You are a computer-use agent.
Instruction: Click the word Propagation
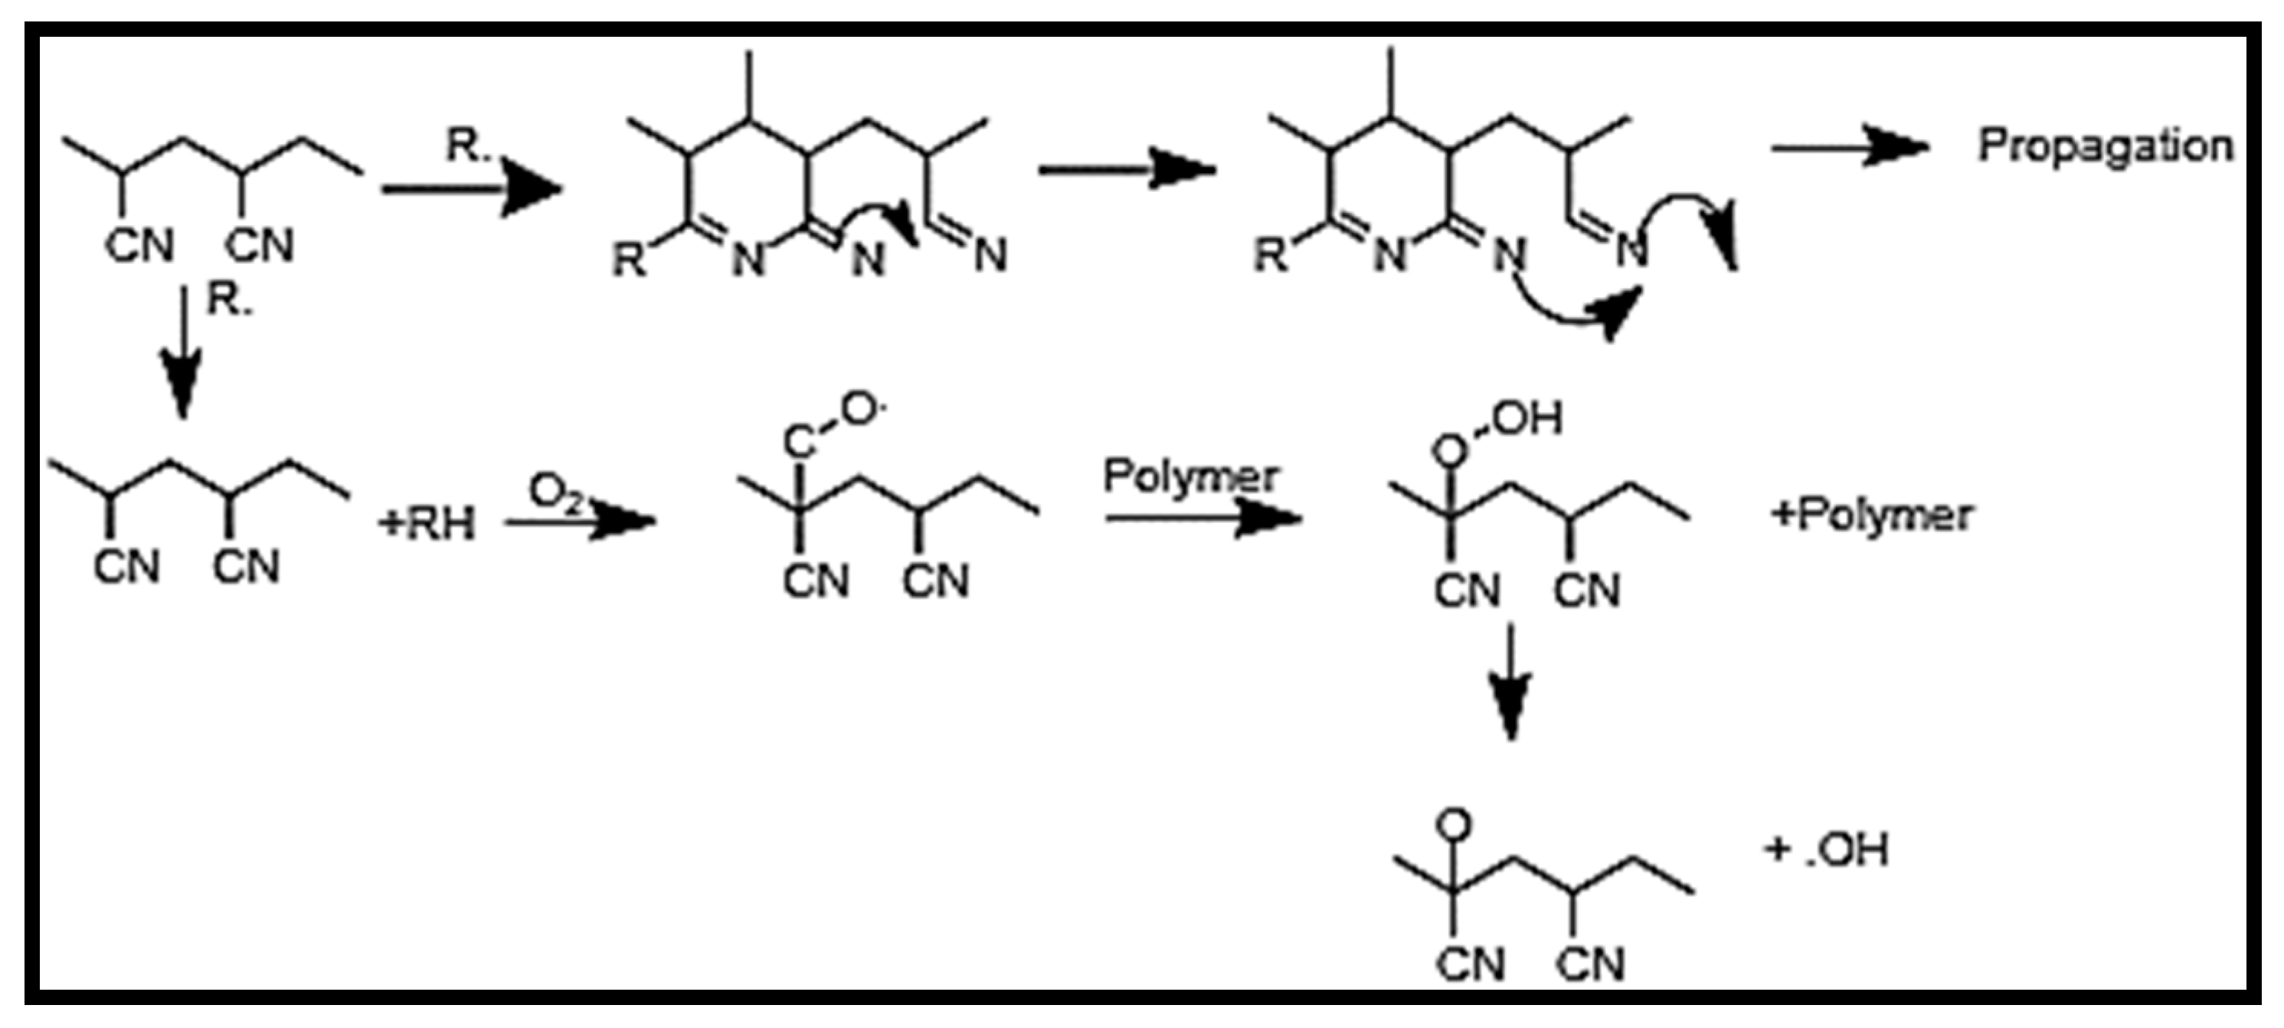pos(2105,146)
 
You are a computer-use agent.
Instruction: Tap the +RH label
pos(427,523)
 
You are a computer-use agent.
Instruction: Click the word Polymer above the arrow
pos(1190,477)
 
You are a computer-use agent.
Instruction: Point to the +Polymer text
pos(1871,515)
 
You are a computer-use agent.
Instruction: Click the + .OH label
pos(1828,849)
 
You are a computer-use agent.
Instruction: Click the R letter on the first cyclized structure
pos(630,260)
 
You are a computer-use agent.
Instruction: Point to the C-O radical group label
pos(833,426)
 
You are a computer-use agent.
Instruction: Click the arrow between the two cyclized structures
pos(1126,169)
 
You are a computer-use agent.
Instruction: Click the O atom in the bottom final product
pos(1453,825)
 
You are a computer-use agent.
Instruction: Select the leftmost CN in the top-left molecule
pos(139,245)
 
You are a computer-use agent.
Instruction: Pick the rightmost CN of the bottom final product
pos(1591,964)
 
